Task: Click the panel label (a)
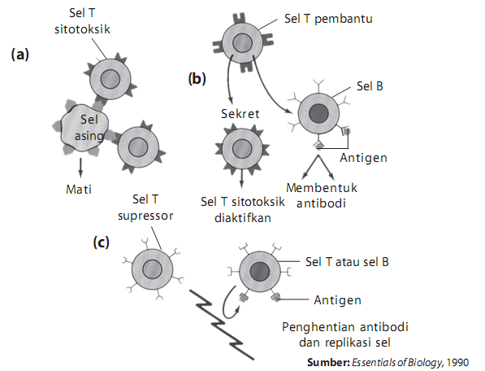(x=20, y=55)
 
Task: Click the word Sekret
(x=240, y=113)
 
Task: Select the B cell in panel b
(x=318, y=113)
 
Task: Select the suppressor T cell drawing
(x=152, y=269)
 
